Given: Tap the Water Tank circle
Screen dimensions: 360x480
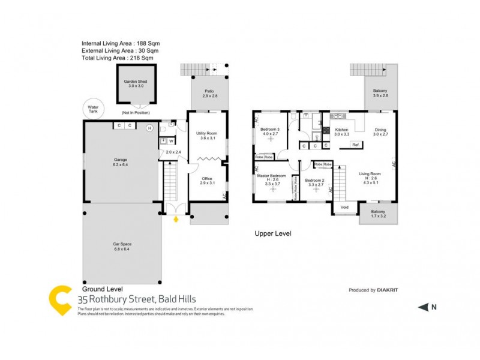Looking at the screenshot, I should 94,110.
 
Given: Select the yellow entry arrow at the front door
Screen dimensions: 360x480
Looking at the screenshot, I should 176,220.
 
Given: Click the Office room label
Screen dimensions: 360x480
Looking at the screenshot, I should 206,180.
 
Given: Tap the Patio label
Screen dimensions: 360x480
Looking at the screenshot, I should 209,94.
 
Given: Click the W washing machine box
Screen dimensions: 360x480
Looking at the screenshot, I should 171,141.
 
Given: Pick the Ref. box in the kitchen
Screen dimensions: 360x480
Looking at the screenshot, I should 356,145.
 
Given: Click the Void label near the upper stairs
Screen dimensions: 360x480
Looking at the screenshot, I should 344,207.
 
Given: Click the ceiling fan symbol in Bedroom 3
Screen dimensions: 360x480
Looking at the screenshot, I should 270,139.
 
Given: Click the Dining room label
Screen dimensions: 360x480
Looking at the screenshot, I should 380,131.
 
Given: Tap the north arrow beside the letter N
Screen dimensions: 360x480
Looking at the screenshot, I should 423,307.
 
